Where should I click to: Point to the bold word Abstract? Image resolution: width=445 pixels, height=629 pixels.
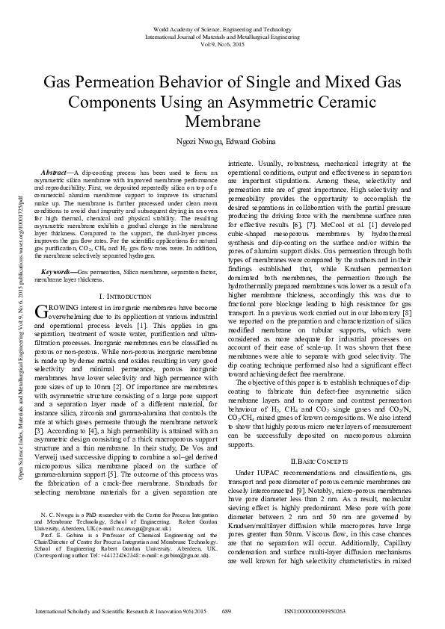click(x=58, y=172)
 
